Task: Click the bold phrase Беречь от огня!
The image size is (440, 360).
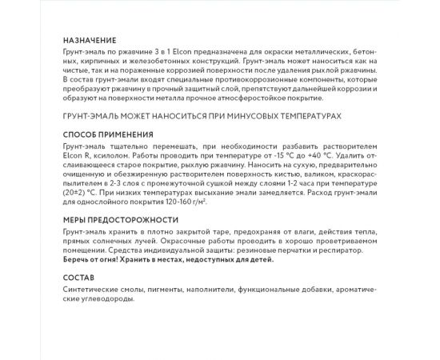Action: pos(90,258)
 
